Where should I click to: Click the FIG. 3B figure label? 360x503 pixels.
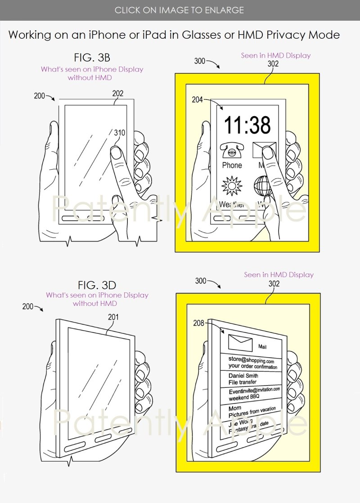coord(92,58)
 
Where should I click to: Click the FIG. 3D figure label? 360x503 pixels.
coord(97,285)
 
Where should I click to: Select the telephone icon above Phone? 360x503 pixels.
coord(232,150)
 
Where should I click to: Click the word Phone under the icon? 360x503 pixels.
coord(232,165)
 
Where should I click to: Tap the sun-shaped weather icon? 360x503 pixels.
coord(232,185)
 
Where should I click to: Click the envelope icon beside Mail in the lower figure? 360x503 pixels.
coord(240,343)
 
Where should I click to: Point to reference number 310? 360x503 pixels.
coord(119,133)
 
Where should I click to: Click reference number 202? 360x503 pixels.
coord(118,94)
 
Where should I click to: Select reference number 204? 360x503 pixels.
coord(197,100)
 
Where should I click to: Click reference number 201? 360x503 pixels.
coord(113,317)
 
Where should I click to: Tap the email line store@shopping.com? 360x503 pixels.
coord(251,360)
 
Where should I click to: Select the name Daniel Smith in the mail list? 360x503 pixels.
coord(243,376)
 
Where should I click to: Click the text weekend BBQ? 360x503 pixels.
coord(245,398)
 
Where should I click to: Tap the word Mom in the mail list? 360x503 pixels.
coord(235,408)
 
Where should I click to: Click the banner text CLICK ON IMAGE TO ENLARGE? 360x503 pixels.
coord(179,10)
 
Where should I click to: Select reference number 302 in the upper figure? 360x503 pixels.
coord(273,64)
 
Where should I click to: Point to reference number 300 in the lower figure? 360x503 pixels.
coord(201,281)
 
